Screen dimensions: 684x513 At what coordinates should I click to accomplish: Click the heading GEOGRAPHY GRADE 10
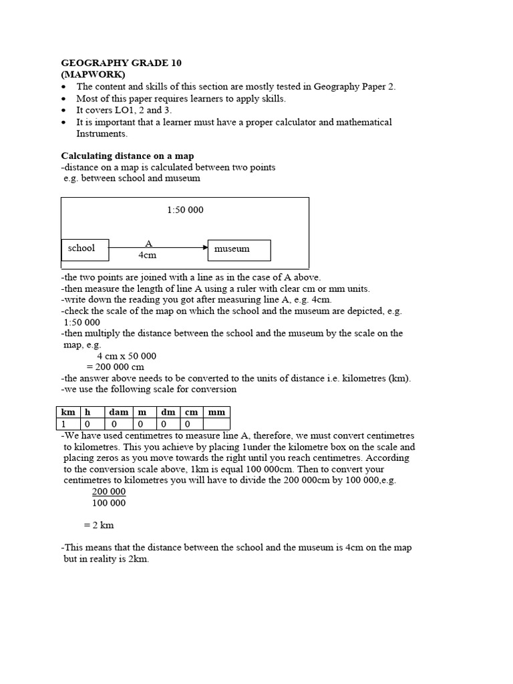(x=121, y=63)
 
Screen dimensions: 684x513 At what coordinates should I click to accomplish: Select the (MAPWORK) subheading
(x=93, y=74)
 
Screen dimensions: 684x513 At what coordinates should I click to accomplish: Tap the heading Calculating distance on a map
(x=127, y=156)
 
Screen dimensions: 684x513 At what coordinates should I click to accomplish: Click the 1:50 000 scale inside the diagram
(x=185, y=210)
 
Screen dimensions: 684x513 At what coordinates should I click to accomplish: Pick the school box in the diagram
(x=84, y=248)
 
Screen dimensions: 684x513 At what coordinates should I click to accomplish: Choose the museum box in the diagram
(x=239, y=249)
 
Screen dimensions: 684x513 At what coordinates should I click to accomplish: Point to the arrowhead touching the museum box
(x=204, y=248)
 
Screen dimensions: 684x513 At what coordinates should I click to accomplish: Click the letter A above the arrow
(x=148, y=243)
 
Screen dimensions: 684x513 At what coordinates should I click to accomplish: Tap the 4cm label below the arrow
(x=147, y=255)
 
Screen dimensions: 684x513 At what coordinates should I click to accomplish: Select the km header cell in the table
(x=67, y=412)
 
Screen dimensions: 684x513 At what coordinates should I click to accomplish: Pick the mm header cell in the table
(x=216, y=412)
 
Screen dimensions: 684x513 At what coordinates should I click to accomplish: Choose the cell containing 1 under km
(x=67, y=424)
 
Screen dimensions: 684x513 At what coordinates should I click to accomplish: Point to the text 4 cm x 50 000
(x=126, y=356)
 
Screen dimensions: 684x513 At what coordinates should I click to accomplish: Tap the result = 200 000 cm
(x=120, y=367)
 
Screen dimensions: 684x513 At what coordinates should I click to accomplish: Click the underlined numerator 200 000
(x=108, y=492)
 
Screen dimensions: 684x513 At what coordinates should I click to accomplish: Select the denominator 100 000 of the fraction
(x=108, y=503)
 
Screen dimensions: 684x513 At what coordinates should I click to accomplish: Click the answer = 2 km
(x=99, y=525)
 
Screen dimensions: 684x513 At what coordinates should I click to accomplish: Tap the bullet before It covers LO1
(x=63, y=110)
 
